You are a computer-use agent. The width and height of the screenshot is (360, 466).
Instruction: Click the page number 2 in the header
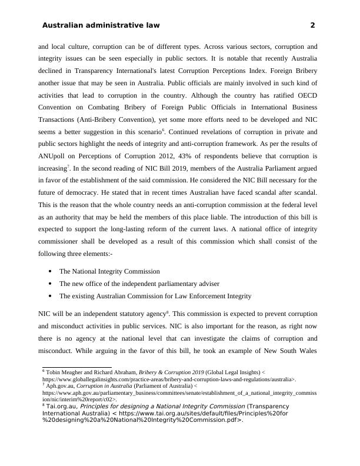tap(312, 25)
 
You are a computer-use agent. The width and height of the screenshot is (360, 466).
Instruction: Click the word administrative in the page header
tap(116, 25)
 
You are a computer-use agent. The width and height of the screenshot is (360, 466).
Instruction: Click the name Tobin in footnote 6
tap(54, 373)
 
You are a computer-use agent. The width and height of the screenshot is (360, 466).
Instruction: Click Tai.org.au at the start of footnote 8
tap(61, 407)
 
